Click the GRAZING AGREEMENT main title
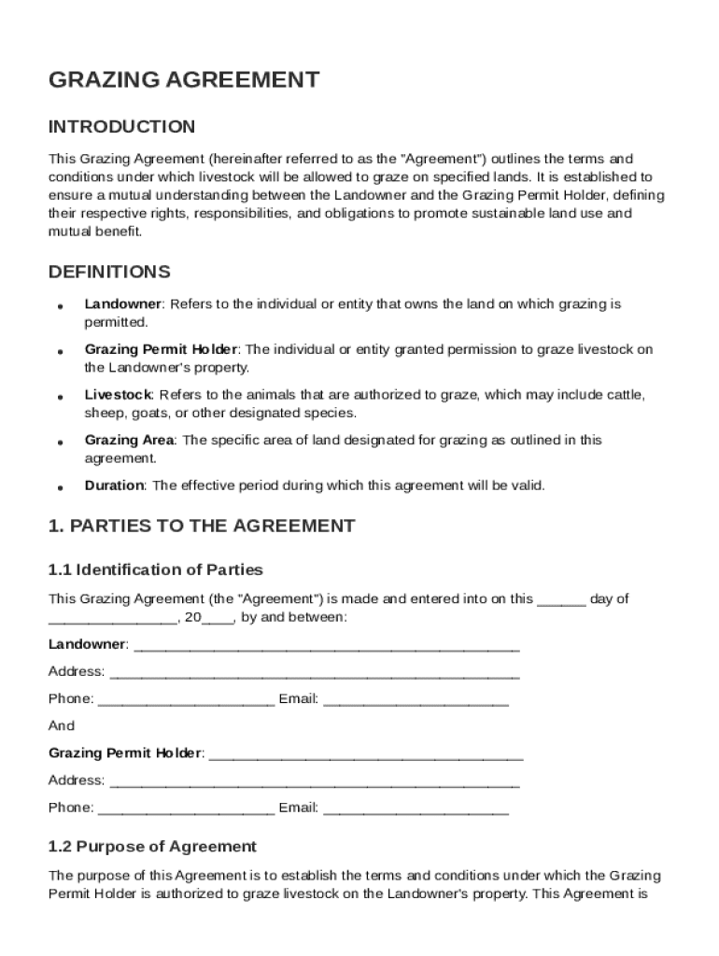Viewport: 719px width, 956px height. pyautogui.click(x=184, y=80)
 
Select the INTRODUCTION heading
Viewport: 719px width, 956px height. pyautogui.click(x=121, y=127)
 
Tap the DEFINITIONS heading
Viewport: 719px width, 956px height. pyautogui.click(x=109, y=273)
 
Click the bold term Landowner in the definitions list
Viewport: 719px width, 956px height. pyautogui.click(x=123, y=304)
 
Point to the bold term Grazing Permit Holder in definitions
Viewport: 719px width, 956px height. pyautogui.click(x=162, y=349)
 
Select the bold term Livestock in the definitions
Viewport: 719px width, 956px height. pyautogui.click(x=118, y=395)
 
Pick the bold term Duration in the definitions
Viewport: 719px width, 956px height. pyautogui.click(x=114, y=485)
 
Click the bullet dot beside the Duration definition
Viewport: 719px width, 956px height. pyautogui.click(x=60, y=487)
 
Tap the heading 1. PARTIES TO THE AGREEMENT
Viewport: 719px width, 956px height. pyautogui.click(x=201, y=527)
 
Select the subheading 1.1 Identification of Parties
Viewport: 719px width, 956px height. pyautogui.click(x=155, y=569)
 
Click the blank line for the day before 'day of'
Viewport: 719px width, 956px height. pyautogui.click(x=561, y=600)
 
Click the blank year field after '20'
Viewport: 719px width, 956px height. pyautogui.click(x=219, y=619)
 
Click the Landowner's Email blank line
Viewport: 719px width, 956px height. pyautogui.click(x=416, y=700)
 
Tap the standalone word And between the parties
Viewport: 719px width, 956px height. pyautogui.click(x=62, y=725)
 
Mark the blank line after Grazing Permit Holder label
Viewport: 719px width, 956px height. pyautogui.click(x=365, y=754)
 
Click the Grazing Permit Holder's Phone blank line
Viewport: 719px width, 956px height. pyautogui.click(x=186, y=808)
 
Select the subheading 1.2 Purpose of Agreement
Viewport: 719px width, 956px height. pyautogui.click(x=152, y=847)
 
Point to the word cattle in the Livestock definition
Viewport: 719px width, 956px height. pyautogui.click(x=623, y=395)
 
